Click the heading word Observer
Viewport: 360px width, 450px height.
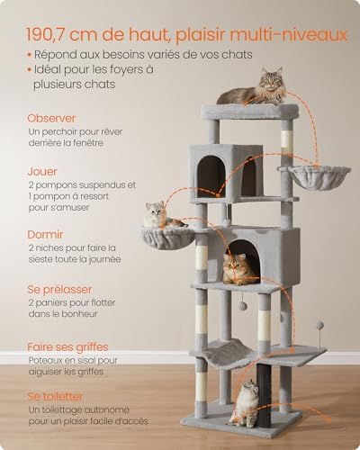[x=51, y=118]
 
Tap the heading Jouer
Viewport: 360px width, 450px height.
[x=42, y=172]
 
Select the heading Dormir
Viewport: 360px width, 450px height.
[x=45, y=234]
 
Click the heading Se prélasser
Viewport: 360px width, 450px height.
[x=59, y=290]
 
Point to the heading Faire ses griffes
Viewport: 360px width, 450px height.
[x=67, y=347]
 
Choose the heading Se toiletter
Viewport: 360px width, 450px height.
[x=55, y=397]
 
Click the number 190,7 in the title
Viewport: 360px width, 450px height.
[x=46, y=35]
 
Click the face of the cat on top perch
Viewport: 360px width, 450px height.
[x=271, y=80]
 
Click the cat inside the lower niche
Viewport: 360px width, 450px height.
[x=239, y=269]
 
